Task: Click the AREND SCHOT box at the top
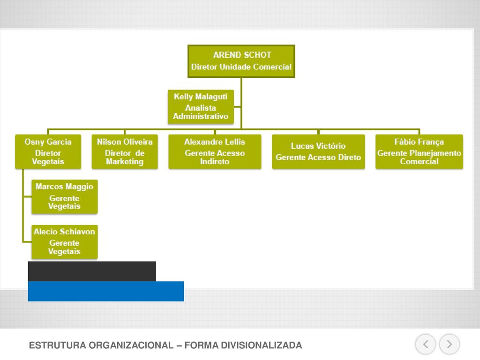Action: (x=241, y=61)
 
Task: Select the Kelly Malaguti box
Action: (x=201, y=107)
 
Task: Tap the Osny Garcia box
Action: (x=48, y=152)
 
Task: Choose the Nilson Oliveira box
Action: (x=125, y=152)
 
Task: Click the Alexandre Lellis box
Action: (x=215, y=152)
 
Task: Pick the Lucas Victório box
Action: (x=318, y=152)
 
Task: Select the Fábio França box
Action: (x=419, y=152)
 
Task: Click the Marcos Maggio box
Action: (x=65, y=196)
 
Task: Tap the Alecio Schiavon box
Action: (x=65, y=242)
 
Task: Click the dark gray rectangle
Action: (x=92, y=271)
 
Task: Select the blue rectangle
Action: (x=106, y=292)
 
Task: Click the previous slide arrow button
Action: (x=426, y=345)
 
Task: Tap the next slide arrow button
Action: (x=450, y=345)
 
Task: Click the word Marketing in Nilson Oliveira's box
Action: (x=125, y=161)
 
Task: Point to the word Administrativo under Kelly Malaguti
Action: (x=201, y=116)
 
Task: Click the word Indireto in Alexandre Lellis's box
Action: (x=215, y=161)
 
